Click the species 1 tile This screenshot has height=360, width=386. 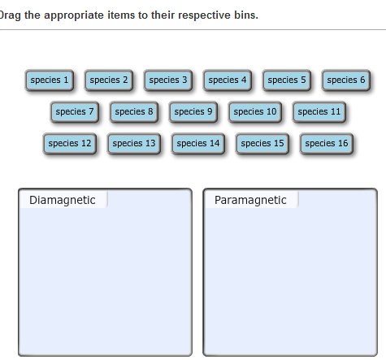(x=50, y=80)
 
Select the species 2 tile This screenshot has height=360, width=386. (x=109, y=80)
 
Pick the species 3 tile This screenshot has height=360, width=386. (x=168, y=80)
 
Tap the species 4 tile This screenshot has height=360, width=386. (x=228, y=80)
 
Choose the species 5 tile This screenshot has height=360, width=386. (x=287, y=80)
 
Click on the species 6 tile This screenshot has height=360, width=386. (x=346, y=80)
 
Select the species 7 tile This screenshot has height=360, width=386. (x=75, y=112)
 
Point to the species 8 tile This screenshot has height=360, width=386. (x=134, y=112)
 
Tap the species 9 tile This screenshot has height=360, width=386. (x=193, y=112)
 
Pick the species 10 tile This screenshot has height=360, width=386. (x=255, y=112)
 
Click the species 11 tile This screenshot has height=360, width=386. (x=319, y=112)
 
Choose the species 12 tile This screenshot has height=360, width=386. (x=70, y=144)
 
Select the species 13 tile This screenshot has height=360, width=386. (x=134, y=144)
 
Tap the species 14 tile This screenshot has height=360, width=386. (x=198, y=144)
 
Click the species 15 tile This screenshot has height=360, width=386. (x=262, y=144)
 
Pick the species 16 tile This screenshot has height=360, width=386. (x=327, y=144)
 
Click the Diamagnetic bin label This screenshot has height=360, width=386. (x=63, y=201)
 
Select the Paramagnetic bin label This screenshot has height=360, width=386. (x=250, y=201)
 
